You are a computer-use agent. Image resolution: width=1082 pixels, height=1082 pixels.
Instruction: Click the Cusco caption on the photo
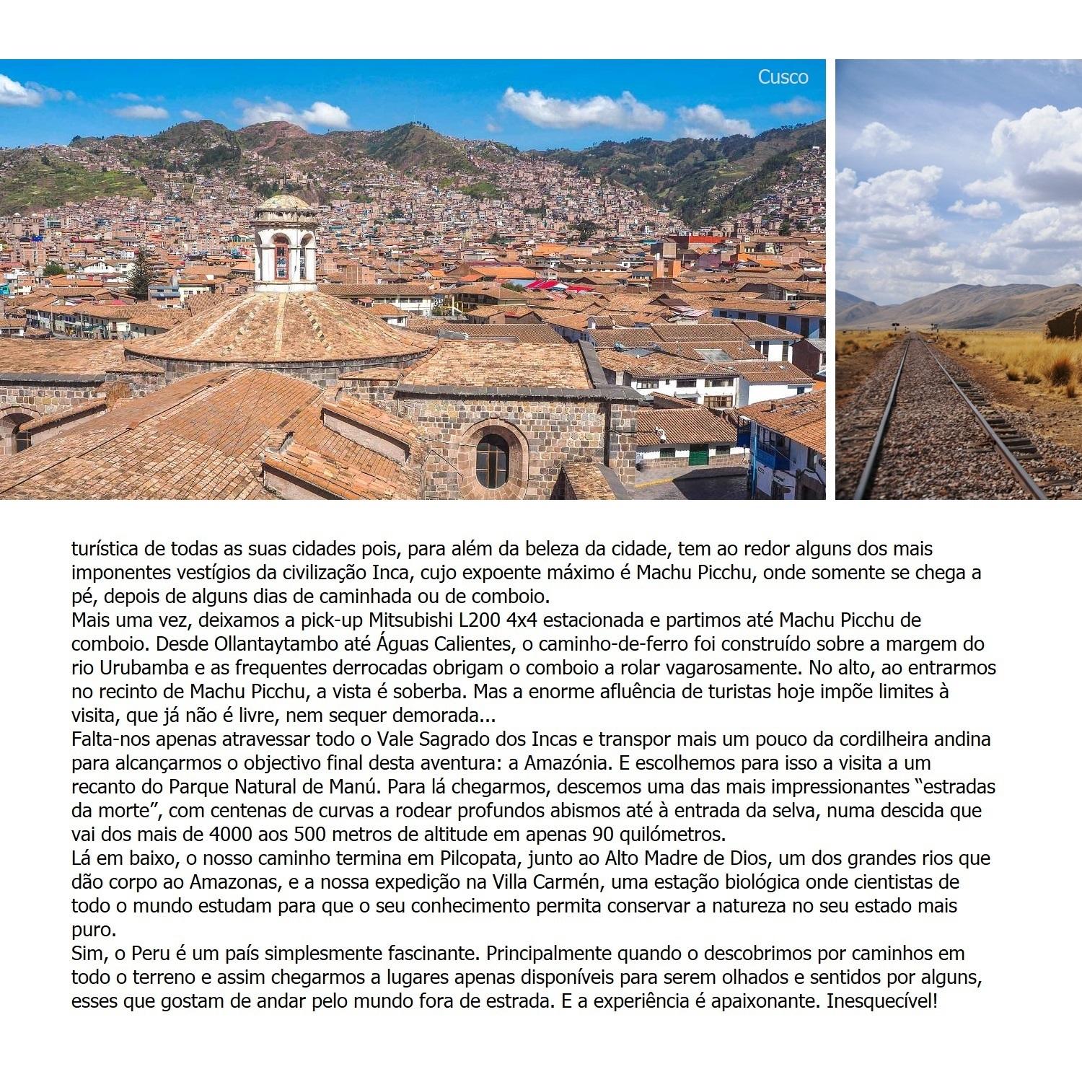click(783, 77)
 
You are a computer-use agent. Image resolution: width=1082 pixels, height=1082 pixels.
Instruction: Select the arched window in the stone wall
click(493, 459)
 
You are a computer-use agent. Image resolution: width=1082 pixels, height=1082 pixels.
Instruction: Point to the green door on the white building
click(697, 454)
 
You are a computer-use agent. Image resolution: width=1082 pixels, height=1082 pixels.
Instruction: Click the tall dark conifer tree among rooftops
click(141, 274)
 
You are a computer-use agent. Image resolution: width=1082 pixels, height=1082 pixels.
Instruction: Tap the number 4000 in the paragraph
click(231, 835)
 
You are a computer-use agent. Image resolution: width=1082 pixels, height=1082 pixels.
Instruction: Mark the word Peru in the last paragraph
click(151, 954)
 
